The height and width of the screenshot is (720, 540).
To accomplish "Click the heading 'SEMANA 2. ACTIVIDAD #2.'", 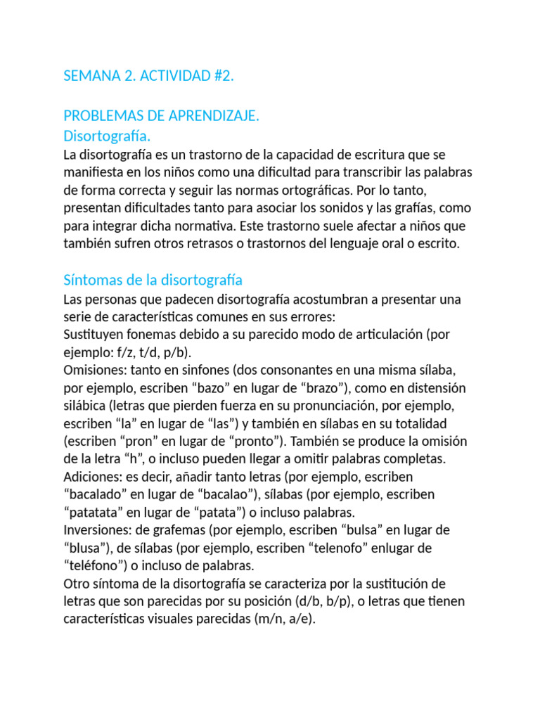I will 148,76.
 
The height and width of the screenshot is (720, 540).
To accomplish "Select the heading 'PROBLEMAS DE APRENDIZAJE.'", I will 162,116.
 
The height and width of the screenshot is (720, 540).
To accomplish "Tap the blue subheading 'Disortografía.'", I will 107,135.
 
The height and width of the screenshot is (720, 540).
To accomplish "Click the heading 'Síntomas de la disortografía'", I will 153,281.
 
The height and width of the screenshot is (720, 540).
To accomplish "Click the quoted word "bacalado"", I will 98,494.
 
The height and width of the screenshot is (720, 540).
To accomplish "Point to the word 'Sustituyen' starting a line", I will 94,334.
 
